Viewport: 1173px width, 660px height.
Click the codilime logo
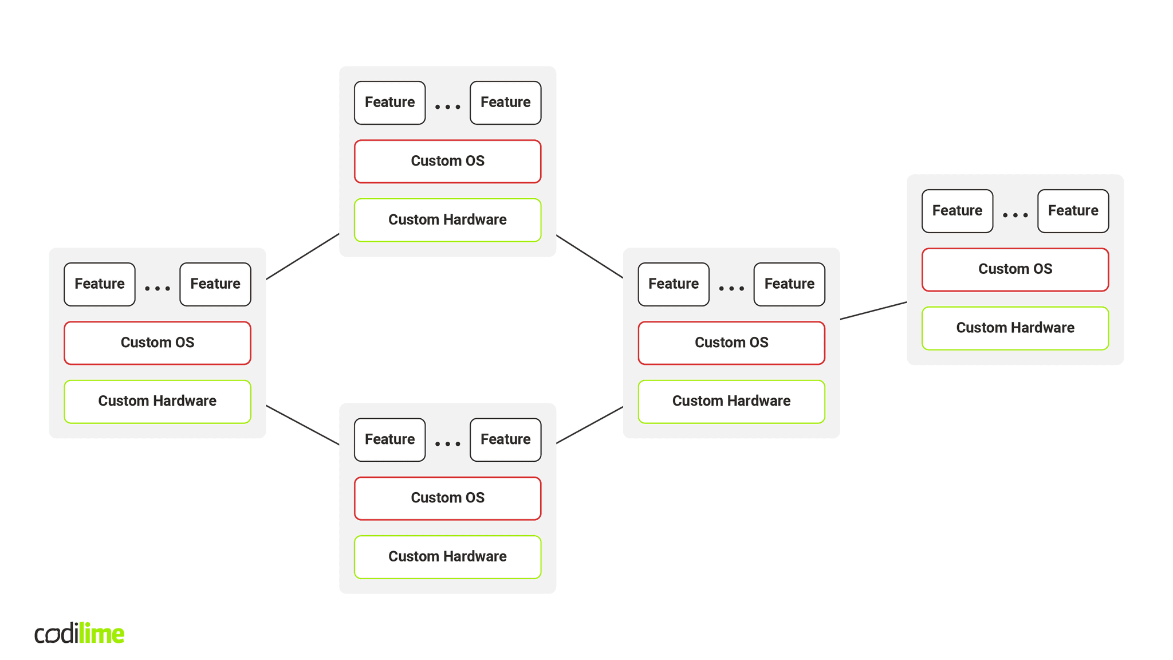coord(79,633)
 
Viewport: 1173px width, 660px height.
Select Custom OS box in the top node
coord(447,162)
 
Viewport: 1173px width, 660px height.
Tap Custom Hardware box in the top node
coord(447,220)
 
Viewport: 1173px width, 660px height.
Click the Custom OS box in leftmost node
coord(157,343)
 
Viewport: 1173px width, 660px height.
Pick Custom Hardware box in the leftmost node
coord(157,401)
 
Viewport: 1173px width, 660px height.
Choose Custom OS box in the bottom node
coord(447,498)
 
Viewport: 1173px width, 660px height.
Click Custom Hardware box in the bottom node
coord(447,557)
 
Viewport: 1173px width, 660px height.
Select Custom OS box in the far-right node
coord(1015,269)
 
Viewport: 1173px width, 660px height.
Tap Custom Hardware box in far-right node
coord(1015,328)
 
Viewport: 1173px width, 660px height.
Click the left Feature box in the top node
coord(389,103)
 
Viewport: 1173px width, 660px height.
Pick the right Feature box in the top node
coord(505,103)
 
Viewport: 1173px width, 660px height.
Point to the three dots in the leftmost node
coord(158,288)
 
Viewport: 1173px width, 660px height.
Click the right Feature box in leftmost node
coord(215,284)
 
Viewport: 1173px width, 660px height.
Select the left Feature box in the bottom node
coord(389,439)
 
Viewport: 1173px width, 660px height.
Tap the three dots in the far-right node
coord(1015,215)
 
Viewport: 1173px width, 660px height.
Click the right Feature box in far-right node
coord(1073,211)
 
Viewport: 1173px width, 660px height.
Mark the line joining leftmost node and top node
coord(302,257)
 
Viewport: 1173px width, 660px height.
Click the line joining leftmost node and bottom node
coord(302,425)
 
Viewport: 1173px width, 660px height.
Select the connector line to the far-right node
coord(873,311)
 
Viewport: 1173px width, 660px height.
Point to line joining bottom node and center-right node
coord(589,425)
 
